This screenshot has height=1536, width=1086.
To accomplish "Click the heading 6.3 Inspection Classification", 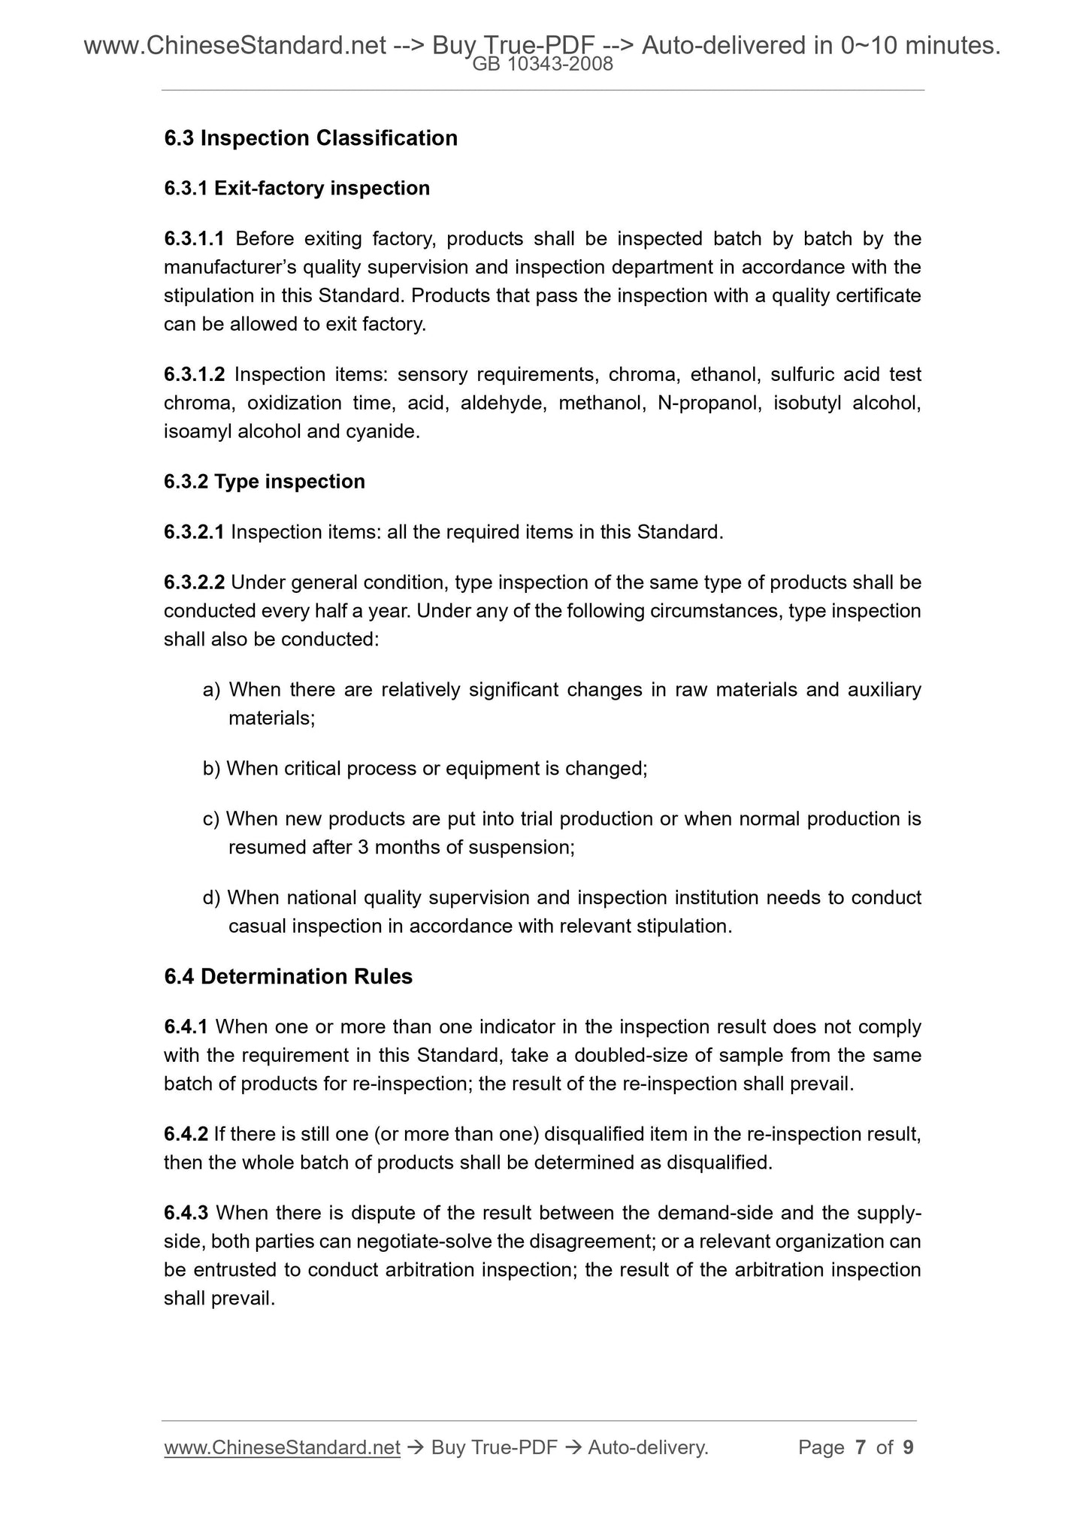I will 310,138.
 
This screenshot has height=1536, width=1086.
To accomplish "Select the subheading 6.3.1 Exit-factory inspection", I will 297,188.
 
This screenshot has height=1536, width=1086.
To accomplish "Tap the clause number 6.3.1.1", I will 194,239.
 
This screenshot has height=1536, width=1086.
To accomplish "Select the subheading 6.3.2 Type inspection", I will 265,482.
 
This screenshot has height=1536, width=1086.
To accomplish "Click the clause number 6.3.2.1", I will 194,533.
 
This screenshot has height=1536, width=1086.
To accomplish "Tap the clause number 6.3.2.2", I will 194,583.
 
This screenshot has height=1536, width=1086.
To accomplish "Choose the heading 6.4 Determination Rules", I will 288,977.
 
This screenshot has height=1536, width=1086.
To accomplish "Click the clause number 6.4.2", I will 186,1134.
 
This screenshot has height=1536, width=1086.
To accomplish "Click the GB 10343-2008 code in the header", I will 543,65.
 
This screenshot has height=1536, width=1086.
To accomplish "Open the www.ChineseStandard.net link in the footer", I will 282,1447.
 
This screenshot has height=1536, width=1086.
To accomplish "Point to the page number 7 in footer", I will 861,1447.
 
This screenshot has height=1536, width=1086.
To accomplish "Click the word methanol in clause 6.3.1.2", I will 600,404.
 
